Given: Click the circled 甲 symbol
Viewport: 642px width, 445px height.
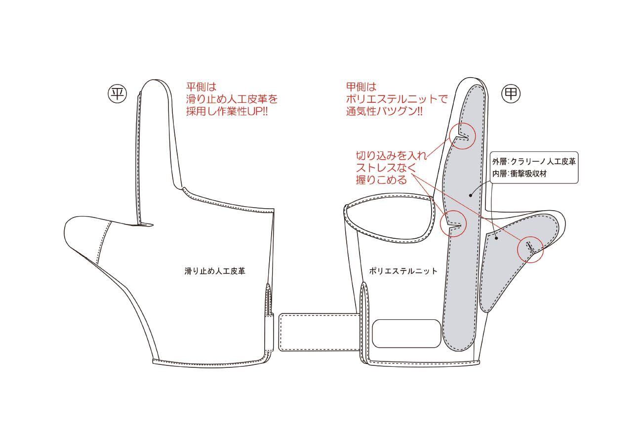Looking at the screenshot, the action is [512, 94].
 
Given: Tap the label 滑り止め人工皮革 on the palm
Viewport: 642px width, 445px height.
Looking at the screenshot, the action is [215, 271].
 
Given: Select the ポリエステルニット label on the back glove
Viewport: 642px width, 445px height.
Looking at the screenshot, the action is [403, 271].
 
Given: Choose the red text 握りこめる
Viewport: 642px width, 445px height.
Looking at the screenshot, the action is [382, 180].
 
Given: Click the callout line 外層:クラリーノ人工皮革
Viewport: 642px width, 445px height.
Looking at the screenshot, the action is [534, 161].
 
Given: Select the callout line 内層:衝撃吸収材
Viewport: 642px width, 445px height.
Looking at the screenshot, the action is [519, 174].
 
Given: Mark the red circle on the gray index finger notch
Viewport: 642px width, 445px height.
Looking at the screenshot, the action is [463, 134].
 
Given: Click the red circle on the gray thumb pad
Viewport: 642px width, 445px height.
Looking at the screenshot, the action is [530, 250].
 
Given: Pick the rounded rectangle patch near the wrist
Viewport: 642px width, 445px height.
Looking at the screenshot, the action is [406, 333].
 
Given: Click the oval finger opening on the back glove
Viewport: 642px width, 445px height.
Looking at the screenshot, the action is [387, 221].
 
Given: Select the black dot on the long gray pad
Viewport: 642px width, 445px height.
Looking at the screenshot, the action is [470, 195].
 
